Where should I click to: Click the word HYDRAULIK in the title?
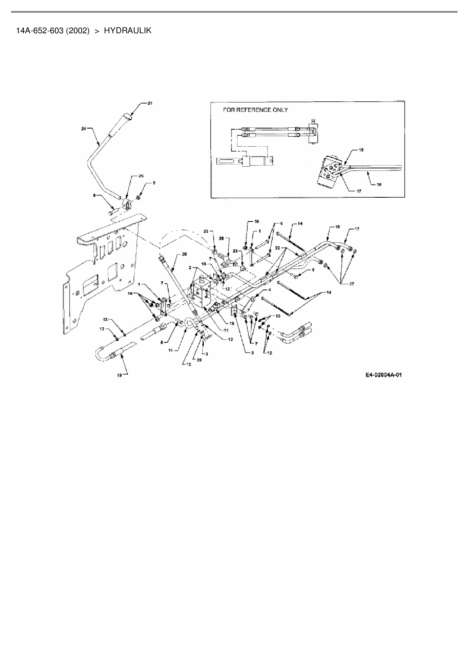[127, 31]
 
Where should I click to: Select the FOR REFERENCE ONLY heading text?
[255, 110]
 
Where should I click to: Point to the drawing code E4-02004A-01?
[384, 375]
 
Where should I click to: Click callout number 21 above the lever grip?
[150, 103]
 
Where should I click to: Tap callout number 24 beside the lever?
[84, 129]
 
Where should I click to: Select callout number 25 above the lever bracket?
[141, 176]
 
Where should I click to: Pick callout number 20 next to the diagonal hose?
[184, 254]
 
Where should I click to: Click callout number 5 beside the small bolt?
[312, 271]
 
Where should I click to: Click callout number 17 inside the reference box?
[359, 191]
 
